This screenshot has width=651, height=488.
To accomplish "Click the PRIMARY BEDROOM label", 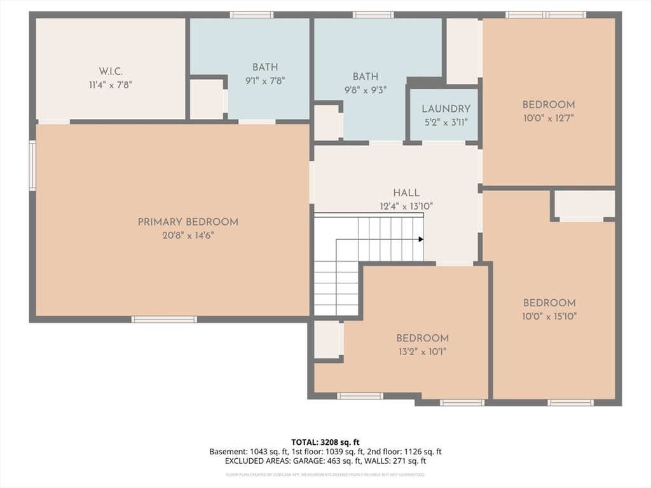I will [x=188, y=222].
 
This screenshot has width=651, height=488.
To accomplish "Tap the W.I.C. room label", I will [x=110, y=71].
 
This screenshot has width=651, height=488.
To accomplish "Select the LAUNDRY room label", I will [x=446, y=109].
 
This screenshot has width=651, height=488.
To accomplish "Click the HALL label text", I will [x=406, y=193].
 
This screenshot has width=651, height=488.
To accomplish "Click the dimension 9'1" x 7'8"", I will [x=264, y=80].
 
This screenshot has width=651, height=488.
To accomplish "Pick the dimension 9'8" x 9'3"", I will [x=366, y=90].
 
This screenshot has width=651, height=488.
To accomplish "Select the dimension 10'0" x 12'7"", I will [x=548, y=118].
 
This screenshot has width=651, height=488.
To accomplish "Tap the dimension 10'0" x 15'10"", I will [x=549, y=316].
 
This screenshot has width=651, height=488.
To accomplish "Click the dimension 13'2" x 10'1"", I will [x=422, y=351].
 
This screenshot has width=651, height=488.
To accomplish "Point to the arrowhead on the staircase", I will [x=420, y=240].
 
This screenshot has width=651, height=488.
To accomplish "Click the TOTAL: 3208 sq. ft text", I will [x=325, y=442].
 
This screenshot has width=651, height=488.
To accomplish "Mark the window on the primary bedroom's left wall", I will [x=32, y=166].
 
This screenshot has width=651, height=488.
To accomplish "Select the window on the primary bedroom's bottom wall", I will [x=164, y=319].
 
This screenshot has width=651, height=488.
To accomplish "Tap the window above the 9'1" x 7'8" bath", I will [x=252, y=15].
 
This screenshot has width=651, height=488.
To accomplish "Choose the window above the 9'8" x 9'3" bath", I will [x=373, y=15].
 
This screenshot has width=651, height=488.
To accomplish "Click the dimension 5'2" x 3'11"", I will [x=446, y=122].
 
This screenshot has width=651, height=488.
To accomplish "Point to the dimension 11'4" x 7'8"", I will [x=110, y=84].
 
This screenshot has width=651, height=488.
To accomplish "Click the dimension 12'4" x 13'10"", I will [x=406, y=206].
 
